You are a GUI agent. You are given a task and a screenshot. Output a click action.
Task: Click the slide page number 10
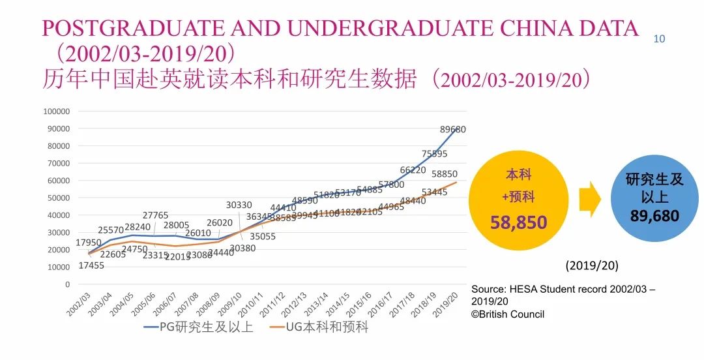(659, 39)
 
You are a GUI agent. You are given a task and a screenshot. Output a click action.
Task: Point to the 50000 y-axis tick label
(59, 198)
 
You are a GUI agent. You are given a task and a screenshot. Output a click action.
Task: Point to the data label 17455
(92, 265)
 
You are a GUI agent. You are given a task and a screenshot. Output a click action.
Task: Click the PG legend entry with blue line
(198, 327)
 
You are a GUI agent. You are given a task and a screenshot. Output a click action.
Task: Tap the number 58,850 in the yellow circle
(519, 223)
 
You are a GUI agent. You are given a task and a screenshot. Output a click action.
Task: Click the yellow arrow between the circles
(590, 200)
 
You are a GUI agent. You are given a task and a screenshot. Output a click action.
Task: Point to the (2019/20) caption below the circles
(592, 266)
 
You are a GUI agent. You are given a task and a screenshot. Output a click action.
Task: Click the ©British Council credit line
(508, 314)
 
